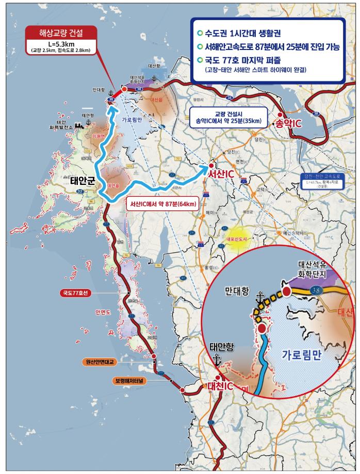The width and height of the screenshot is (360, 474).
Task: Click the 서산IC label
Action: [221, 175]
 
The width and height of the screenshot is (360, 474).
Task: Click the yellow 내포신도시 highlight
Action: [239, 239]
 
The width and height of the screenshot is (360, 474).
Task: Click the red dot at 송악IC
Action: [280, 115]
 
